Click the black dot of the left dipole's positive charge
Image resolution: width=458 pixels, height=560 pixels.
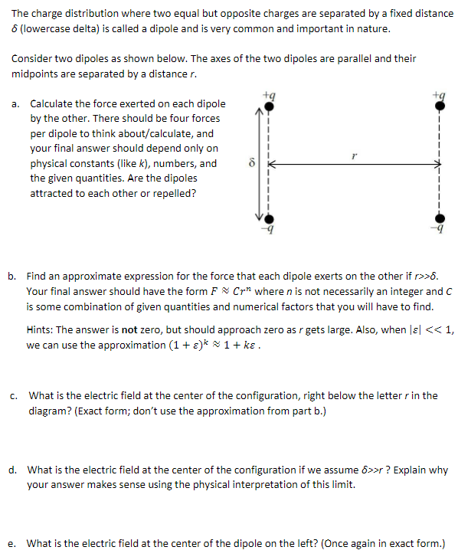coord(269,107)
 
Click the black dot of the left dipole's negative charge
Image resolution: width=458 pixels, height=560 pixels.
coord(269,219)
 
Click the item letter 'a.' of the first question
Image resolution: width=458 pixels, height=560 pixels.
coord(16,104)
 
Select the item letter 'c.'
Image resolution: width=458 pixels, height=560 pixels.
coord(15,396)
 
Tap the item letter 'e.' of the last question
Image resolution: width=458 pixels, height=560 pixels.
coord(15,544)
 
